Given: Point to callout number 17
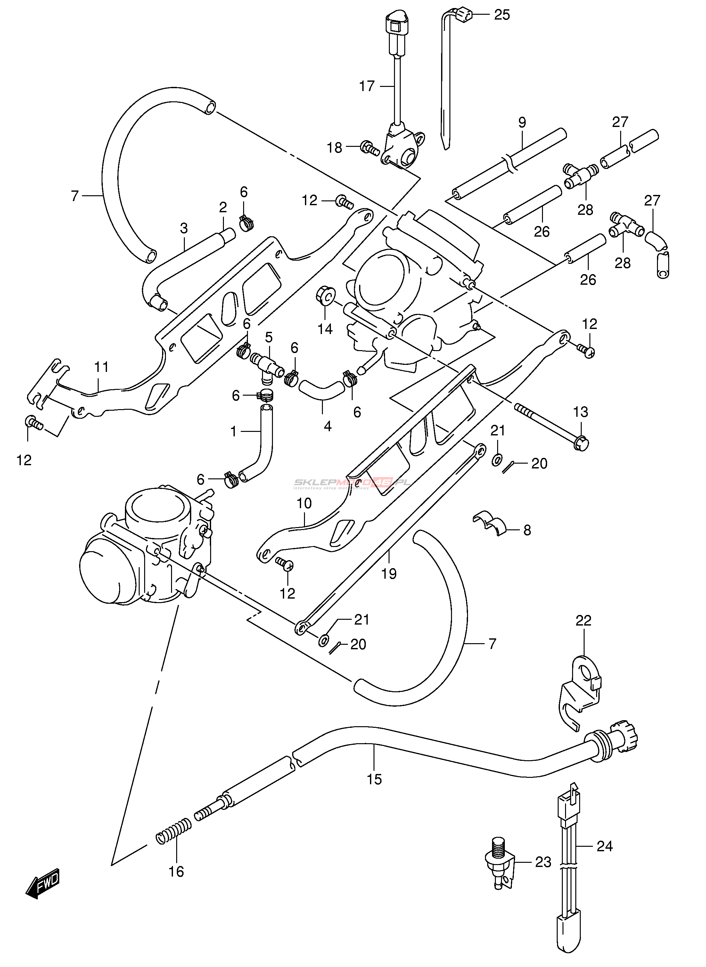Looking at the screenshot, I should coord(367,86).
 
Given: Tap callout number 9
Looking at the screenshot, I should coord(522,123).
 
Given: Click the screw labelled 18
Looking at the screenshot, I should coord(370,148).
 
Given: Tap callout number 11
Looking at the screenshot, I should coord(101,367).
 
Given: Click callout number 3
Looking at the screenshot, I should coord(184,228).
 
